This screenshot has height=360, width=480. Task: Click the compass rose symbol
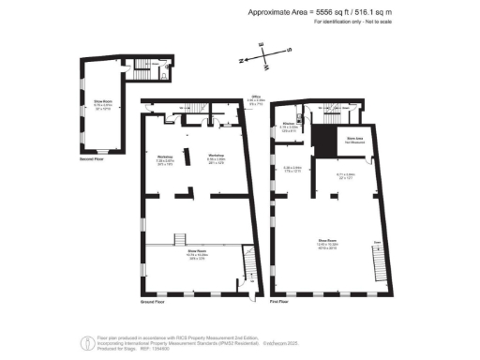(x=264, y=58)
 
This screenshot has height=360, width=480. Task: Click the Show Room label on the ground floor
(x=196, y=254)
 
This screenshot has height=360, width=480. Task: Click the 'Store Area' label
(x=354, y=139)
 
